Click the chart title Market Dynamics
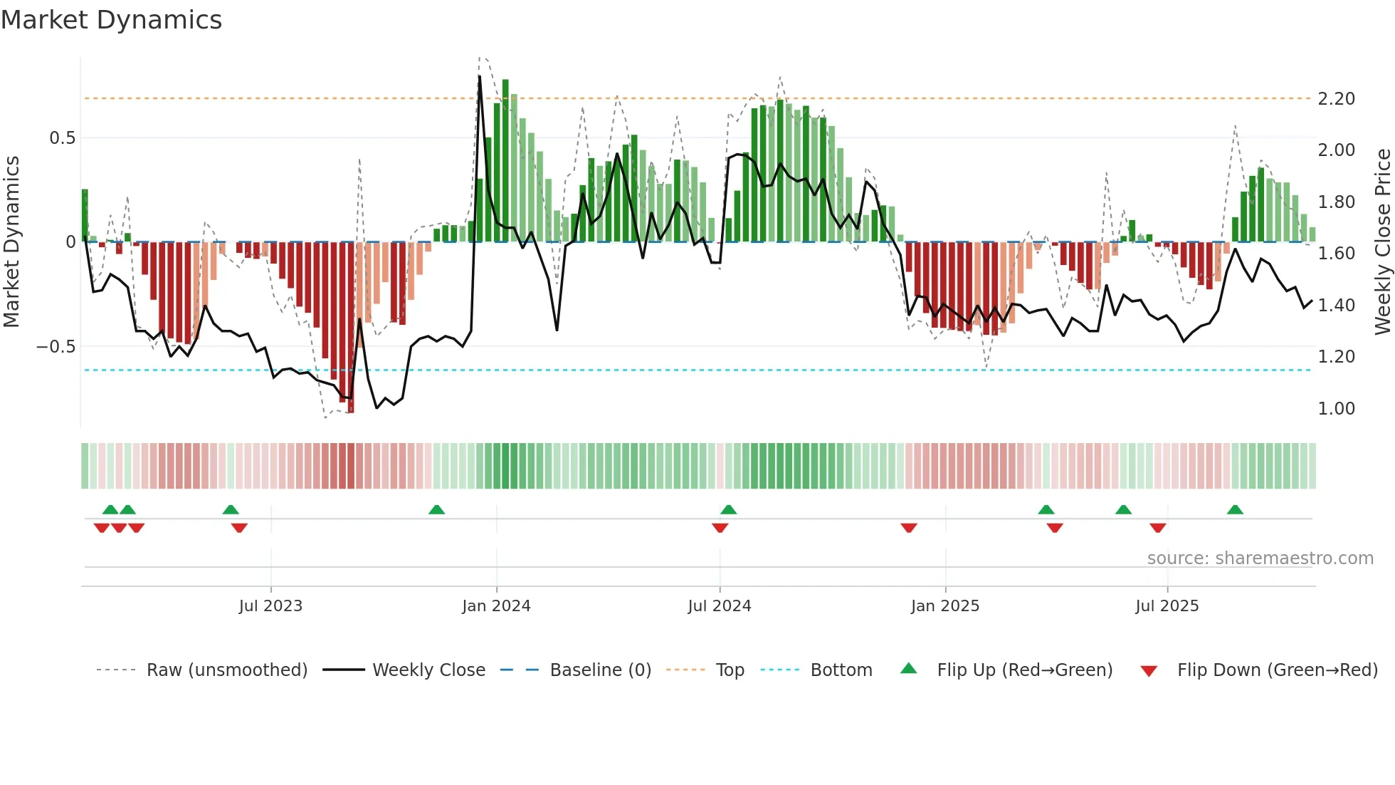[111, 20]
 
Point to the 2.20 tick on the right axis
[1336, 98]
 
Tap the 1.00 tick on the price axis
[1336, 408]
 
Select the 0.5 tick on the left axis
[62, 137]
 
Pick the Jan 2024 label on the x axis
[496, 605]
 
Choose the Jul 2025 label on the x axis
[1167, 605]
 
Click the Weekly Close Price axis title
[1382, 241]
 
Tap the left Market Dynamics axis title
[11, 241]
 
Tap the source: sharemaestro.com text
[1260, 558]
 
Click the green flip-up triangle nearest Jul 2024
[728, 509]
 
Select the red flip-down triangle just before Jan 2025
[909, 528]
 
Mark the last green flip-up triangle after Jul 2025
[1235, 509]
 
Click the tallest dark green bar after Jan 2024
[505, 160]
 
